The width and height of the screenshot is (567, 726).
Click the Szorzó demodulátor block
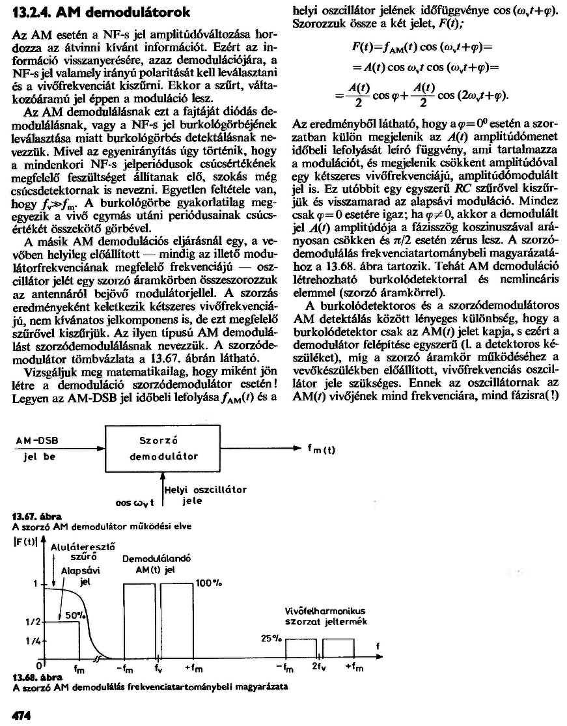tap(163, 449)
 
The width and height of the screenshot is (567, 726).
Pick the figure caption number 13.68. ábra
tap(29, 678)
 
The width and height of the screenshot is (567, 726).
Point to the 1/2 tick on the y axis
tap(29, 622)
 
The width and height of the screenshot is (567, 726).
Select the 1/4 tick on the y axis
tap(29, 641)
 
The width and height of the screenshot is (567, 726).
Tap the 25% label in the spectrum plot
tap(270, 639)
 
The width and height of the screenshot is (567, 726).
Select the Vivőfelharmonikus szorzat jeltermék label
tap(325, 617)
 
